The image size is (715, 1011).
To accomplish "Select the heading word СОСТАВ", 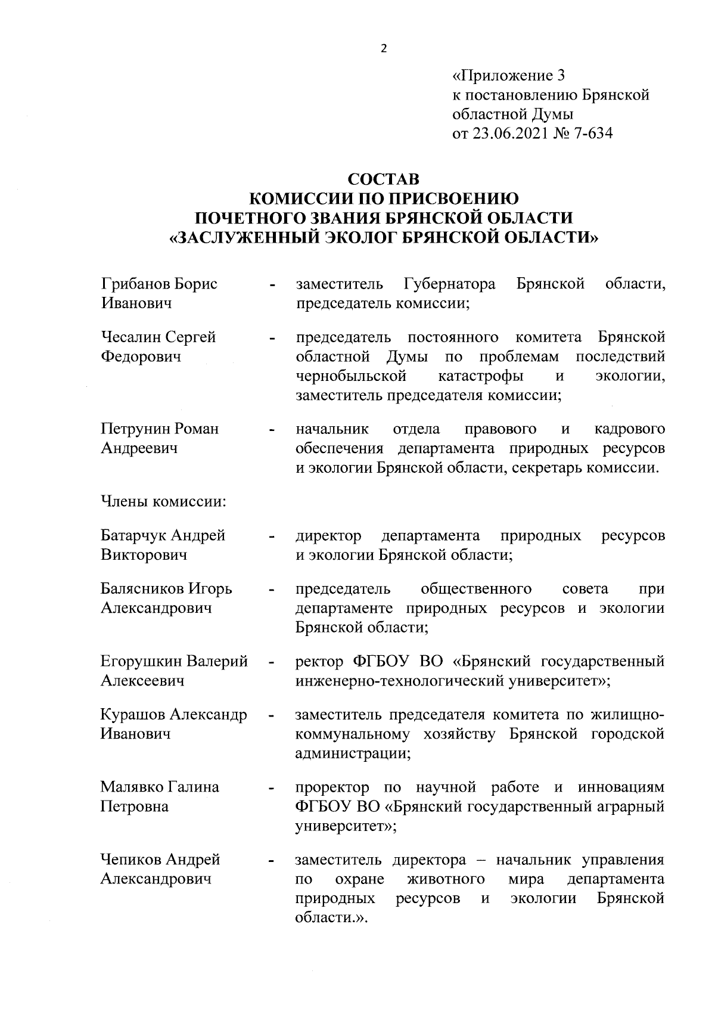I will (384, 179).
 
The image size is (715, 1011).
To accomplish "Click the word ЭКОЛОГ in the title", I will (353, 237).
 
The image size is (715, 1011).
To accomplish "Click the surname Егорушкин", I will (141, 662).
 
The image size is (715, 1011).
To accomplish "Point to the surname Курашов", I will (133, 714).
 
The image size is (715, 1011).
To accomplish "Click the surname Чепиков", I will (131, 860).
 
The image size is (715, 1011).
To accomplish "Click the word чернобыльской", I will (352, 376).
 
